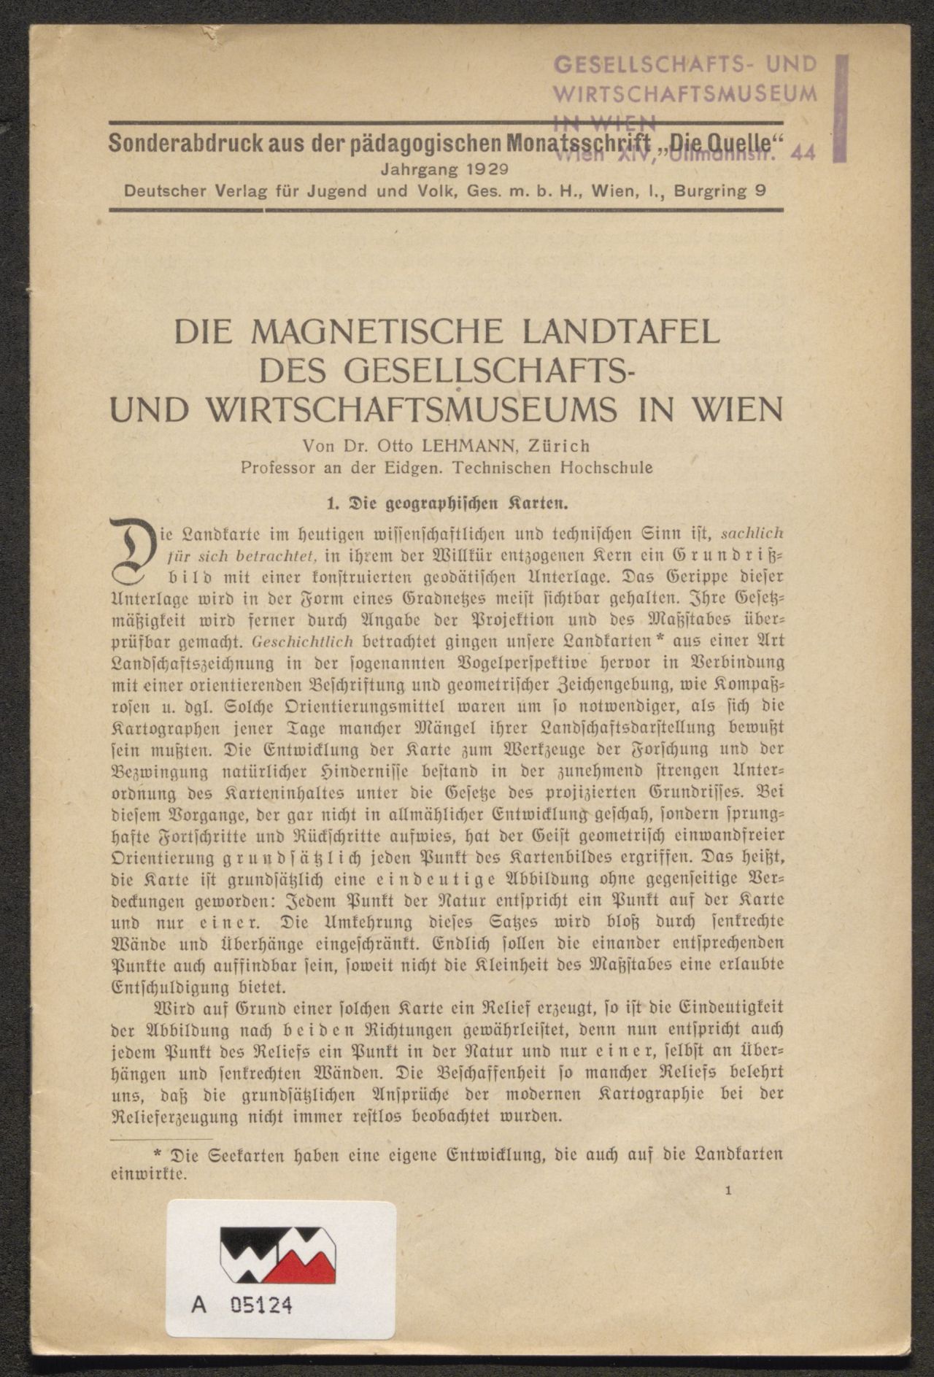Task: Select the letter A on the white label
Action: coord(198,1305)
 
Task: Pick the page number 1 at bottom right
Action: coord(729,1190)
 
